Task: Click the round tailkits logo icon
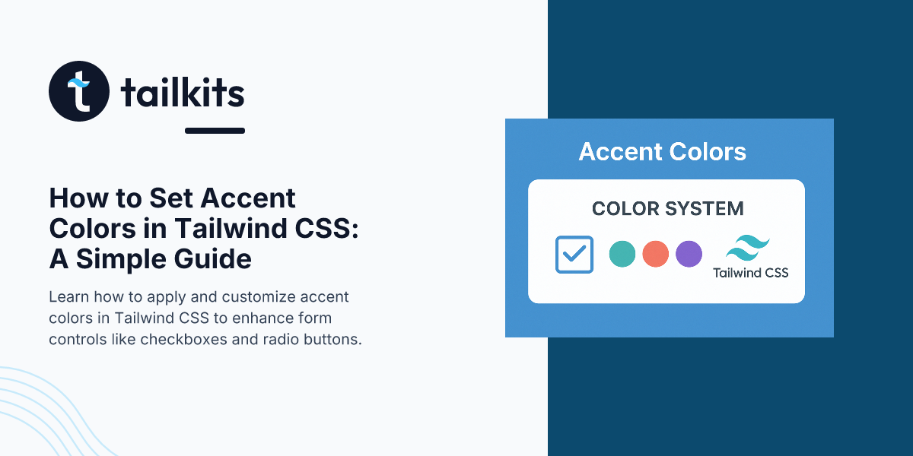[79, 91]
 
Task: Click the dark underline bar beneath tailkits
[215, 131]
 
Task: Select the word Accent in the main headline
[248, 198]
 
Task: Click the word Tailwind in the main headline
[231, 229]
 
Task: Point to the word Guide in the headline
[213, 259]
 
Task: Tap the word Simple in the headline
[122, 260]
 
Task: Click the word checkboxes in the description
[184, 339]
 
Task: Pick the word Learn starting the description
[69, 297]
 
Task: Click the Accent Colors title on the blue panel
[663, 152]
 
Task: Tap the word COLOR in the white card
[625, 209]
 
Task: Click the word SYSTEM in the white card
[705, 209]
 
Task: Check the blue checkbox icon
[574, 255]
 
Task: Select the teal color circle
[622, 254]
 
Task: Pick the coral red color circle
[655, 254]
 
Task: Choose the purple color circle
[689, 254]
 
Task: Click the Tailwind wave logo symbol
[748, 248]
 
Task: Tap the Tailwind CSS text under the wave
[751, 273]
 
